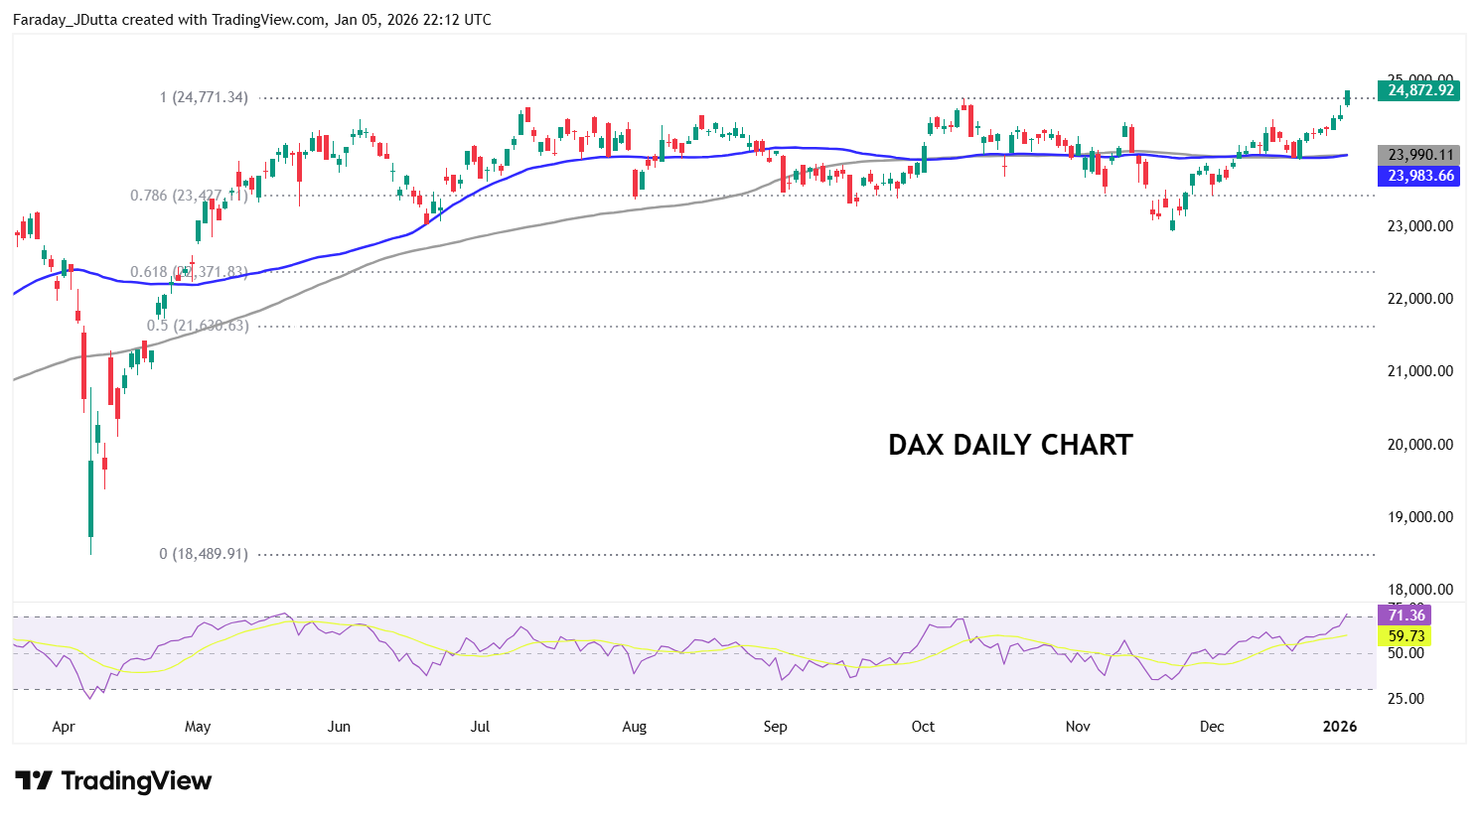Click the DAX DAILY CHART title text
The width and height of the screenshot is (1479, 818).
(1010, 445)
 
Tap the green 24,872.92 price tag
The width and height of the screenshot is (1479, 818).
(1419, 90)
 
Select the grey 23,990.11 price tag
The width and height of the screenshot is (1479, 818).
(1419, 155)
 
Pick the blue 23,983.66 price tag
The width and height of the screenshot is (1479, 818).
(1419, 176)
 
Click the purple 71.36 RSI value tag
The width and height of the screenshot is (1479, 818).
(1405, 615)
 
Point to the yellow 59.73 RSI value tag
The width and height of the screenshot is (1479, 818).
(1405, 636)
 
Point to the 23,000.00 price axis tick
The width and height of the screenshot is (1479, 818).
(1419, 226)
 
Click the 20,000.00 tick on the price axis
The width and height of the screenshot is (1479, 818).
(1419, 445)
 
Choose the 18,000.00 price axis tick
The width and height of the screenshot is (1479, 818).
(1419, 590)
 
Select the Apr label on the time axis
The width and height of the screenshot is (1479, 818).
(64, 727)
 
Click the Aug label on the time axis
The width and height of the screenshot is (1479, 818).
(635, 727)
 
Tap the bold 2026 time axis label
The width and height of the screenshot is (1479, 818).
(1340, 727)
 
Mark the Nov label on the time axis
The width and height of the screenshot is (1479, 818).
(1078, 727)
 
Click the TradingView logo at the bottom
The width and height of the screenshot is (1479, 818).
(113, 781)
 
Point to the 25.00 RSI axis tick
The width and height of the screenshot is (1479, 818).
(1405, 699)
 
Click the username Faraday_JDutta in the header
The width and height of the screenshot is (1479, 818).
(65, 20)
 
